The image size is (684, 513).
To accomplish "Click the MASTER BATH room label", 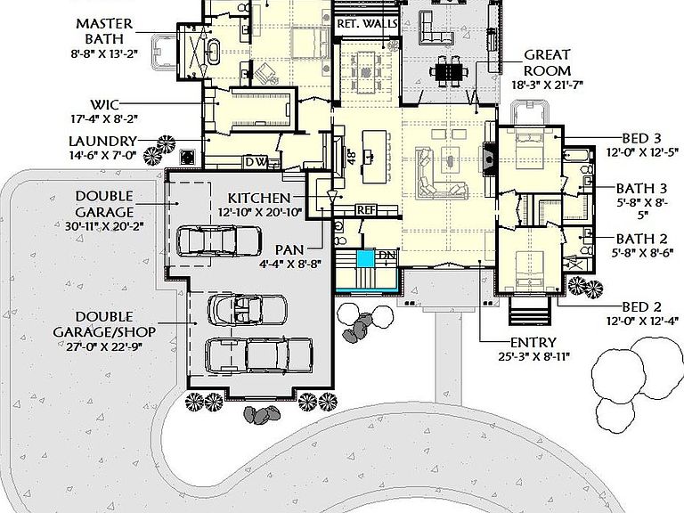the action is [104, 31].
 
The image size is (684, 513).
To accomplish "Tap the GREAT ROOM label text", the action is [547, 63].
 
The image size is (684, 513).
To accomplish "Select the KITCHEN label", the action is [259, 198].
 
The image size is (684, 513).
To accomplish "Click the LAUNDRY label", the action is [103, 142].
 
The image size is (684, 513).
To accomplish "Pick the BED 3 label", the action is [641, 138].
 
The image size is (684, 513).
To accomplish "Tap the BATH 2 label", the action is [641, 239].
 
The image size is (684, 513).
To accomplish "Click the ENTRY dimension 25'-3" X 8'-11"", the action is [534, 357].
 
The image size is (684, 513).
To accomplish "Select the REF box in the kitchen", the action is [366, 210].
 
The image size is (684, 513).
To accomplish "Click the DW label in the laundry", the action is [256, 162].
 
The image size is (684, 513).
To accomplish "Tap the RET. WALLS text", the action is [367, 23].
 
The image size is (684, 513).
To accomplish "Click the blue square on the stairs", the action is [365, 258].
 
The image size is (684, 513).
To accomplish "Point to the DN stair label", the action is [387, 255].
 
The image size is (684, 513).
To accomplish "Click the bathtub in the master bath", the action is [213, 53].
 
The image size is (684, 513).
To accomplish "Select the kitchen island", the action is [374, 157].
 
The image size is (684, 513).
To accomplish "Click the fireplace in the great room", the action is [490, 159].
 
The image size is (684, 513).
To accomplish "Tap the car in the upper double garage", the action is [219, 240].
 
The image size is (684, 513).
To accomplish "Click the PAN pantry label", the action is [289, 250].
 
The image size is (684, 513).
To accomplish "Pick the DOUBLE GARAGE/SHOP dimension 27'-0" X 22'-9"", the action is [104, 346].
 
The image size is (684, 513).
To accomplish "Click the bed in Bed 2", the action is [530, 271].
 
